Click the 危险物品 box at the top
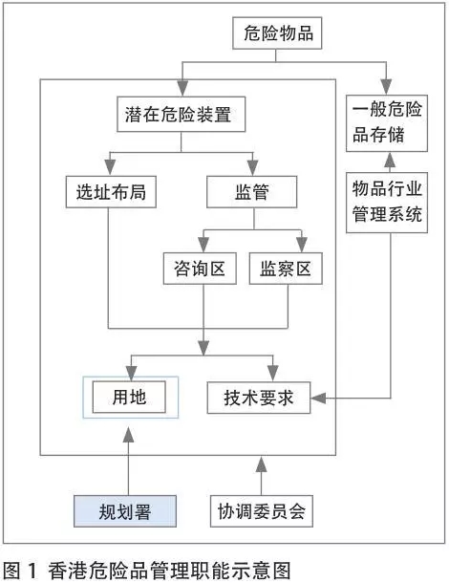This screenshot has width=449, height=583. click(277, 32)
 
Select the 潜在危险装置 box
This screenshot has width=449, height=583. click(181, 114)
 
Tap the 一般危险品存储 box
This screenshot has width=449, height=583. click(387, 123)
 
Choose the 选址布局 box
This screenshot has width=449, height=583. click(111, 192)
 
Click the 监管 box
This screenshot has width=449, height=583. click(252, 192)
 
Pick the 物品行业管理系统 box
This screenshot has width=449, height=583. click(387, 203)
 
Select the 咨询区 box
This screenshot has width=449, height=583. click(200, 269)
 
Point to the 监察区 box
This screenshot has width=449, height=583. click(286, 269)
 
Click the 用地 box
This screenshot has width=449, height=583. click(129, 397)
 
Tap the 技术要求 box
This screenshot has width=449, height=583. click(259, 398)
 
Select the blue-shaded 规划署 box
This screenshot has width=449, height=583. click(125, 511)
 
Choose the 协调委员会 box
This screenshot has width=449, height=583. click(262, 511)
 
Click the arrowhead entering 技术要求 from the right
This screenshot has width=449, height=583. click(318, 398)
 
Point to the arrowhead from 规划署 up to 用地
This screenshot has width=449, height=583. click(129, 435)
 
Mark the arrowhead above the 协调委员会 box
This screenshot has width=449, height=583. click(262, 464)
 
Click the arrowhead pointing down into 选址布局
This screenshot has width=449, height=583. click(110, 167)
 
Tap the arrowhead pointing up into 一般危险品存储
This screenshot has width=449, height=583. click(390, 160)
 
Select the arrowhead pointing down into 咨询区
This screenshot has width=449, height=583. click(203, 245)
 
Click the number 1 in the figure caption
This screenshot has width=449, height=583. click(32, 571)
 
